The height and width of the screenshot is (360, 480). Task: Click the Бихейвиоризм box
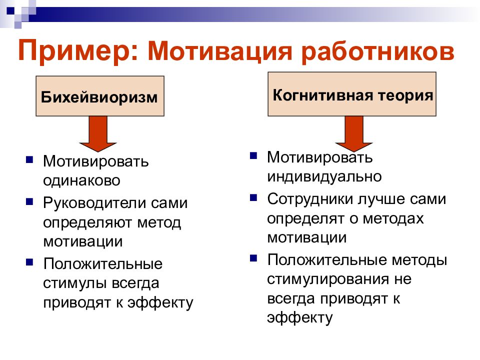point(99,96)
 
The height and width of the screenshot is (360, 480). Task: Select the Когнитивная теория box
point(352,95)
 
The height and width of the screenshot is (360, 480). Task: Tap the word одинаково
point(81,180)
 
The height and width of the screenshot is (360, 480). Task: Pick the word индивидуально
point(324,176)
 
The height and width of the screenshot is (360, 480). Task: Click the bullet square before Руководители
point(30,202)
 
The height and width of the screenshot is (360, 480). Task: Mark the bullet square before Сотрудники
point(254,197)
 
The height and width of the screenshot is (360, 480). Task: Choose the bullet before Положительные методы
point(254,258)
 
